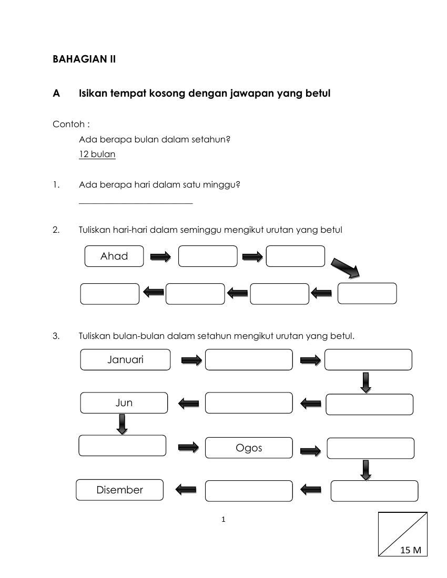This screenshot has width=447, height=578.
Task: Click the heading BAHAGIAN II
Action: click(84, 59)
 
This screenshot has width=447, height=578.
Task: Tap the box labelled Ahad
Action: click(114, 256)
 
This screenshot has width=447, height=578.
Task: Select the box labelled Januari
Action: click(125, 360)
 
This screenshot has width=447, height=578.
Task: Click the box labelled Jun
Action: click(124, 403)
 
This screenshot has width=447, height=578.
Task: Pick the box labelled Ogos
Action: click(249, 448)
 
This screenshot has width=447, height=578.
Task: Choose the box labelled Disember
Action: click(120, 490)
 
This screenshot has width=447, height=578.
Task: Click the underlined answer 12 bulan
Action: click(97, 154)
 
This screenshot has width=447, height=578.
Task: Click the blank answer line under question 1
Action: click(136, 203)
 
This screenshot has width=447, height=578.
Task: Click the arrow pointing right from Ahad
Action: click(160, 256)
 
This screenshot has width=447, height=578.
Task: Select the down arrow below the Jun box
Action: click(122, 424)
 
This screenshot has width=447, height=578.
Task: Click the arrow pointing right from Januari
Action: click(191, 360)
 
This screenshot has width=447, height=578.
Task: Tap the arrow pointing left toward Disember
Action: click(185, 490)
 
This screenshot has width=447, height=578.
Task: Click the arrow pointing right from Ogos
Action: click(310, 450)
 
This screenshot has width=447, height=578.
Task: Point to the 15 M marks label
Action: click(411, 550)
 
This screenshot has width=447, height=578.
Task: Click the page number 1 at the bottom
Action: click(223, 520)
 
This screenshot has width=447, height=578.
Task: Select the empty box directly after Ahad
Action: click(208, 256)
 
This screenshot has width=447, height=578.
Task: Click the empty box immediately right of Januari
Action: click(249, 360)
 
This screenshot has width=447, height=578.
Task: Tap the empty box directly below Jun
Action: click(122, 446)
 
